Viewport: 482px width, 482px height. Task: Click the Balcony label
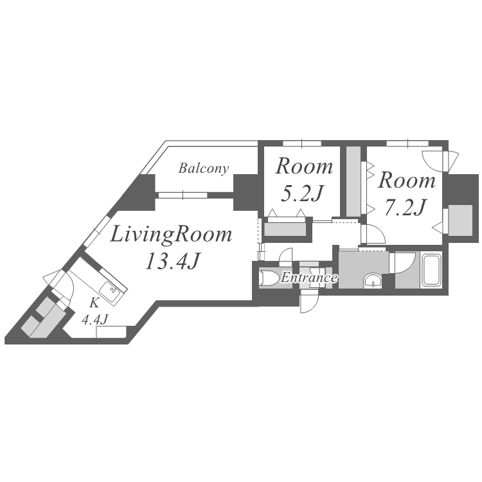(203, 169)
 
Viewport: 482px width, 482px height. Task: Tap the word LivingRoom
(171, 235)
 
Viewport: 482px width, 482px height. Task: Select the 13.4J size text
(171, 262)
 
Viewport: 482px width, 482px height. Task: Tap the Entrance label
(308, 278)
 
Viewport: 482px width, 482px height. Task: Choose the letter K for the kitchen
(94, 301)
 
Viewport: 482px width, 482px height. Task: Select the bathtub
(431, 269)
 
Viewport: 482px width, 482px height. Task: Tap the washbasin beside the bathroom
(372, 280)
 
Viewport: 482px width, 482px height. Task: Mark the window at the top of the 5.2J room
(301, 142)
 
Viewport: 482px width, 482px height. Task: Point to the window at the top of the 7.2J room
(407, 142)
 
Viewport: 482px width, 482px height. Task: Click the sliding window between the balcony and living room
(183, 194)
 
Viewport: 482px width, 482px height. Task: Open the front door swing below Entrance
(308, 301)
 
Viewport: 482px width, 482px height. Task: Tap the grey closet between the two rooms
(353, 181)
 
